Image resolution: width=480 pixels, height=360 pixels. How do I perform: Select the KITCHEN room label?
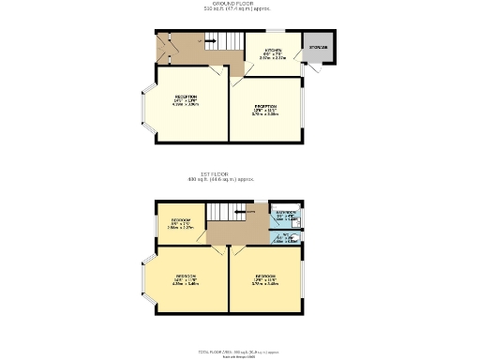(x=273, y=52)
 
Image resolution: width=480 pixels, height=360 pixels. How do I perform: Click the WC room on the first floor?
(x=285, y=236)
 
